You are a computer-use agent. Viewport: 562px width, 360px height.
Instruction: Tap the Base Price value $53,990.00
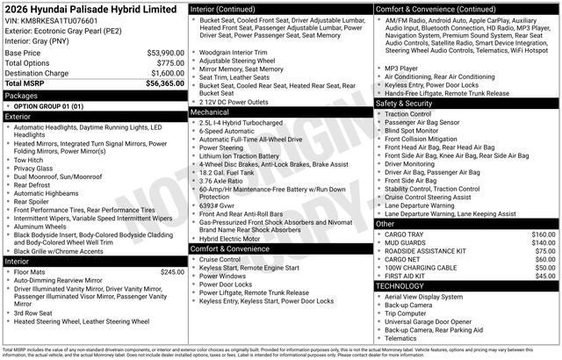pyautogui.click(x=165, y=53)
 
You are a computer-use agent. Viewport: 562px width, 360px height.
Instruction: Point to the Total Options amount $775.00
pyautogui.click(x=170, y=63)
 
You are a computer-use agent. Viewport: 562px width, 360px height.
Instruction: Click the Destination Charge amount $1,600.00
pyautogui.click(x=165, y=74)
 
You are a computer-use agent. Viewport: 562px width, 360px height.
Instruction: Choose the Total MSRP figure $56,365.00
pyautogui.click(x=163, y=84)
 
